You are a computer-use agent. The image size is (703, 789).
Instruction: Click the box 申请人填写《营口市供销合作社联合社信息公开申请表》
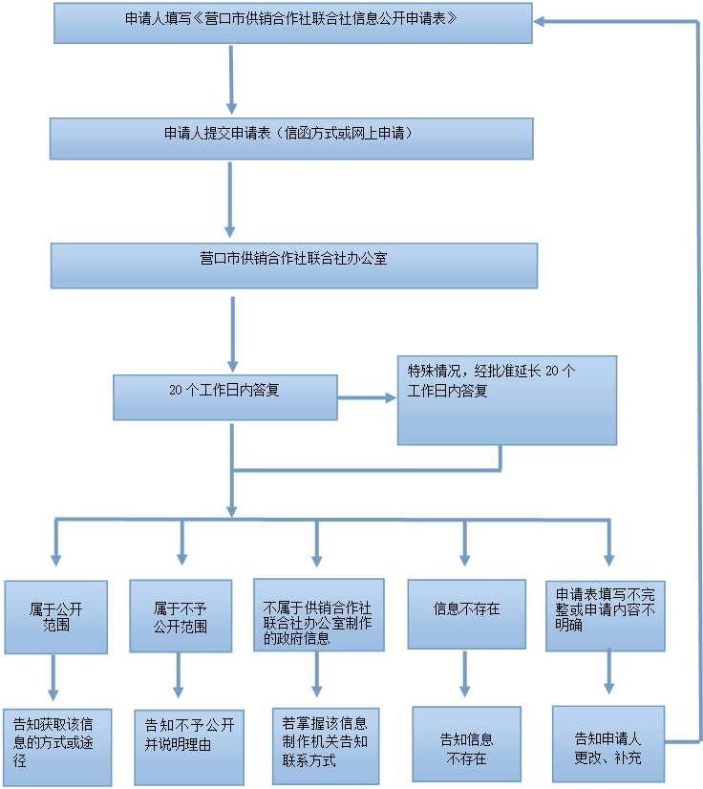point(292,23)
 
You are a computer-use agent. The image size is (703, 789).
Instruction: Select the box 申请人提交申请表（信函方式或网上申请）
point(290,139)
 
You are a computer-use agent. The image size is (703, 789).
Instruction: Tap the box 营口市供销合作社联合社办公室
point(293,266)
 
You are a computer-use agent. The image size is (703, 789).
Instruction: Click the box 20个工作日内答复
point(224,397)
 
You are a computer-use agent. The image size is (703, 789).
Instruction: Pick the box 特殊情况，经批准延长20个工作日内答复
point(506,400)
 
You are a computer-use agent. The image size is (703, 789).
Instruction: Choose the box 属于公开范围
point(55,617)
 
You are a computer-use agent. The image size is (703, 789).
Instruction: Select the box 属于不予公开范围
point(181,616)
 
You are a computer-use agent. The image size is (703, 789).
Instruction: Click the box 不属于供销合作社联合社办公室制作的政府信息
point(318,615)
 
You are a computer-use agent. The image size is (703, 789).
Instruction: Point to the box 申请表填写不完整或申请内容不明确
point(606,616)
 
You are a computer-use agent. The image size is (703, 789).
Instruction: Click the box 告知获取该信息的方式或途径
point(56,747)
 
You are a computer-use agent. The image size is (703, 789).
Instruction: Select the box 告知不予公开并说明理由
point(189,747)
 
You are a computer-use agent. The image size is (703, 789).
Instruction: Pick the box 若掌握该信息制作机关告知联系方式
point(325,745)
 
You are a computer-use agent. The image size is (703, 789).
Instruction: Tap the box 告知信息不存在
point(466,744)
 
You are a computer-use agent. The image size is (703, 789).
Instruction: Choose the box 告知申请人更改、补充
point(607,743)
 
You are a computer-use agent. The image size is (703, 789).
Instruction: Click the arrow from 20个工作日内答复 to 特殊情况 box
point(367,397)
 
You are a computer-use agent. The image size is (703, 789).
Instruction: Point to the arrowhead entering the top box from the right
point(541,21)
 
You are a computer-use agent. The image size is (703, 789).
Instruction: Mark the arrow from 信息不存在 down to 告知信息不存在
point(465,673)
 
